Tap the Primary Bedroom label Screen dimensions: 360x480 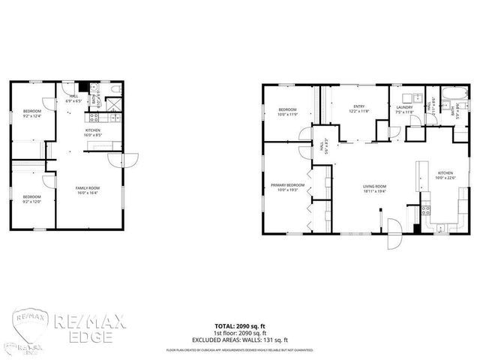pyautogui.click(x=288, y=186)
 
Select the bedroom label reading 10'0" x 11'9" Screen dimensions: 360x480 pyautogui.click(x=288, y=112)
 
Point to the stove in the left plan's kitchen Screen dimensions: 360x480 pyautogui.click(x=94, y=116)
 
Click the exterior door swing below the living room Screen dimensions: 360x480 pyautogui.click(x=391, y=238)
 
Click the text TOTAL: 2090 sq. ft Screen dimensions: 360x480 pyautogui.click(x=240, y=326)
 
